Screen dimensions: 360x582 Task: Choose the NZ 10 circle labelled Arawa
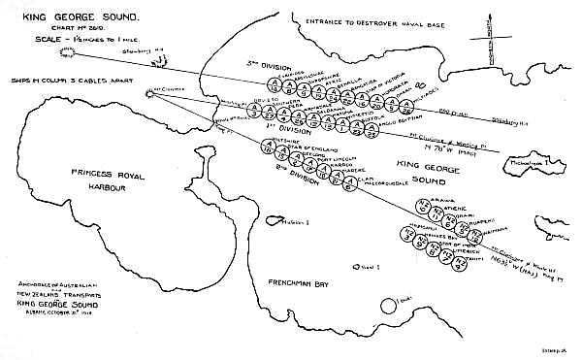(421, 207)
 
